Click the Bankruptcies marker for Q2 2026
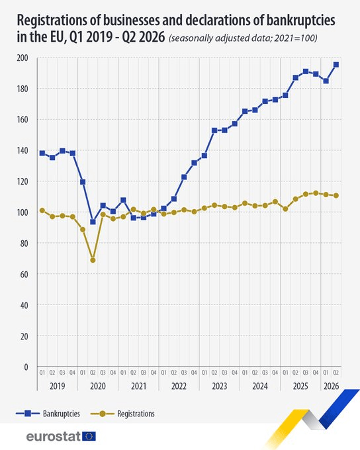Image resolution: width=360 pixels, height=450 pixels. click(336, 65)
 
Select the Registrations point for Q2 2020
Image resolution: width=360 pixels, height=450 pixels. click(93, 260)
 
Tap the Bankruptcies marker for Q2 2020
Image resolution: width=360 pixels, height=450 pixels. click(93, 222)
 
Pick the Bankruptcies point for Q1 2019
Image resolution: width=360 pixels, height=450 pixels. click(42, 153)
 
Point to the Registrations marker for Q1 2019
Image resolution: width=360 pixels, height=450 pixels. click(42, 210)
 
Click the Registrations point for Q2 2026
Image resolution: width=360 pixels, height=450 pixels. click(336, 195)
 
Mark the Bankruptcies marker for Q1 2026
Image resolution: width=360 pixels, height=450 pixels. click(326, 81)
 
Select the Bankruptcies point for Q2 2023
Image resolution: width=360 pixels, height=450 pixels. click(214, 130)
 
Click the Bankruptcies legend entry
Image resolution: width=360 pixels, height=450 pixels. click(48, 414)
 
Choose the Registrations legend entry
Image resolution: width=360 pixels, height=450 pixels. click(122, 414)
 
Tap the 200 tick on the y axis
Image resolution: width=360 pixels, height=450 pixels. click(22, 58)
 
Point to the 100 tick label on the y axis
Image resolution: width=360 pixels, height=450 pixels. click(22, 212)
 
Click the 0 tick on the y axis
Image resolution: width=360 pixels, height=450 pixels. click(26, 367)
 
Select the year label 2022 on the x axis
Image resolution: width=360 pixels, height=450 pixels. click(179, 386)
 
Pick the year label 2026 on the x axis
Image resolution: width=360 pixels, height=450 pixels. click(332, 386)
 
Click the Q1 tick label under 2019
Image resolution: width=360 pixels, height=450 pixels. click(42, 373)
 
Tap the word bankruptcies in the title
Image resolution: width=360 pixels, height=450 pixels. click(300, 21)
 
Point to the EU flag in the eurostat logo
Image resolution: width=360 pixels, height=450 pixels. click(89, 436)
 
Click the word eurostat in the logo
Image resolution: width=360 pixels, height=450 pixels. click(54, 437)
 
